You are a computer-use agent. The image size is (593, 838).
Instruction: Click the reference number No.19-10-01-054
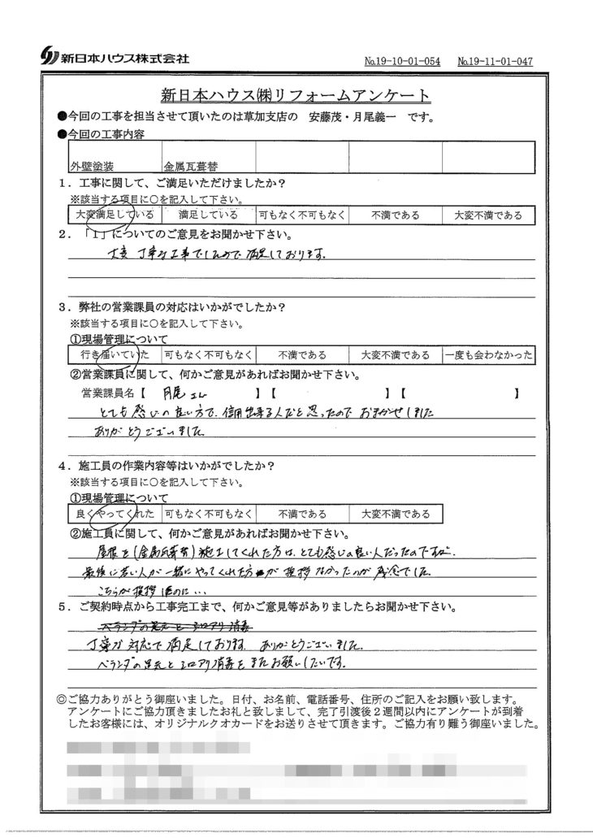pos(402,61)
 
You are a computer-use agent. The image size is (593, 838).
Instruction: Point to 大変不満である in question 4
pos(396,514)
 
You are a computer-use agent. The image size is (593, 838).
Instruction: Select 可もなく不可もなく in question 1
pos(301,215)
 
